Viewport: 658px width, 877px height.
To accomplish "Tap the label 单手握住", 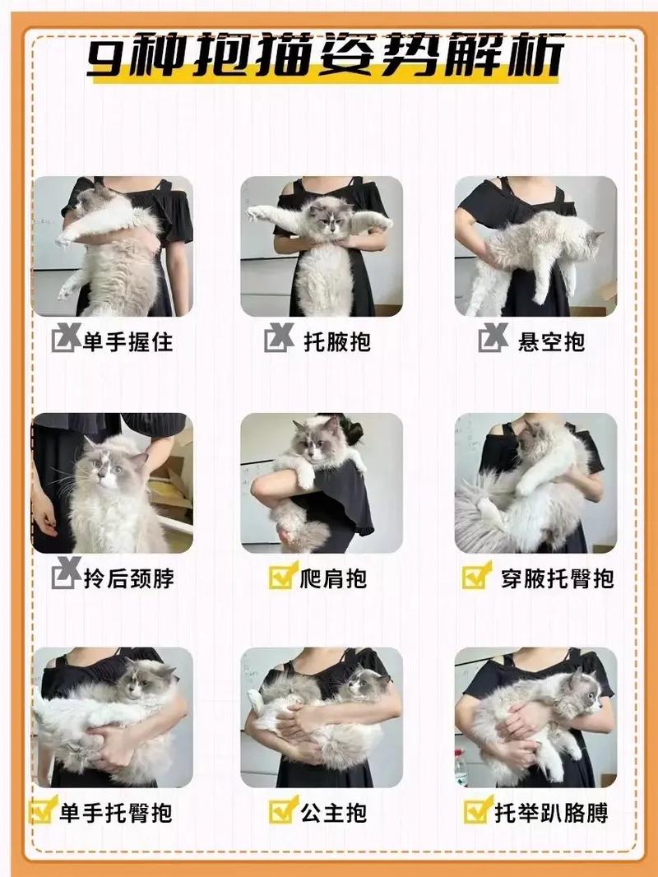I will pyautogui.click(x=127, y=341).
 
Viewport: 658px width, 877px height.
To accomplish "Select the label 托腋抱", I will pyautogui.click(x=337, y=341).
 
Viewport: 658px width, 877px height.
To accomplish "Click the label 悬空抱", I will pyautogui.click(x=551, y=341).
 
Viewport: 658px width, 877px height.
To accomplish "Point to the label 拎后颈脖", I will pyautogui.click(x=127, y=578).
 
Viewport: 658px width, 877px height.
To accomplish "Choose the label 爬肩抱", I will pyautogui.click(x=333, y=578).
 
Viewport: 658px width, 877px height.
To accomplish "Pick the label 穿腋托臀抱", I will pyautogui.click(x=557, y=578).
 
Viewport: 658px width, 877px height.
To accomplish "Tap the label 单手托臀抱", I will pyautogui.click(x=115, y=814).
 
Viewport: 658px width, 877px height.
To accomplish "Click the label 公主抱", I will pyautogui.click(x=333, y=814).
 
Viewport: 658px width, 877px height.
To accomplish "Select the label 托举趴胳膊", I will pyautogui.click(x=551, y=814).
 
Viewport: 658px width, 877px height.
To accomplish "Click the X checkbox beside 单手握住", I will pyautogui.click(x=65, y=340).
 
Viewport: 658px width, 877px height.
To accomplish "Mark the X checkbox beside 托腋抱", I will pyautogui.click(x=278, y=339).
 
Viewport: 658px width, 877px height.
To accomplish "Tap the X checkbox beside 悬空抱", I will pyautogui.click(x=493, y=339).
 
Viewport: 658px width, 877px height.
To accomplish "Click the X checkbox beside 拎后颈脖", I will pyautogui.click(x=65, y=576).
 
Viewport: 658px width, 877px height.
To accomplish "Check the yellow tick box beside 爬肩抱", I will pyautogui.click(x=282, y=577).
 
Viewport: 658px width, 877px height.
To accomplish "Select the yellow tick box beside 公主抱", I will pyautogui.click(x=282, y=812).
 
